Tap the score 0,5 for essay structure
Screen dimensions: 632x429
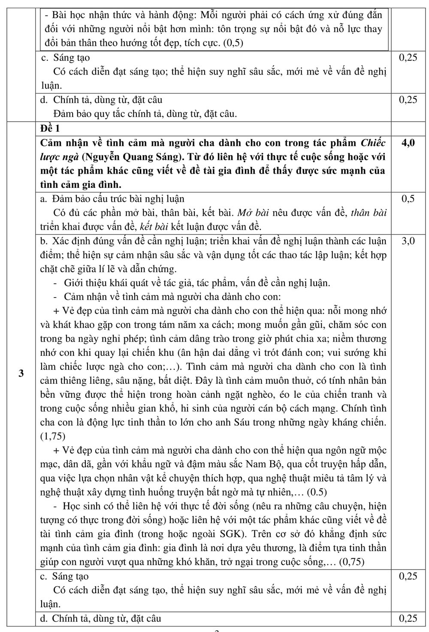(408, 199)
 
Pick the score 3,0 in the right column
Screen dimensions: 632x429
(408, 241)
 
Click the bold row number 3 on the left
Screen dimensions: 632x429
(21, 373)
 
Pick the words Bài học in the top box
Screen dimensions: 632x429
(67, 15)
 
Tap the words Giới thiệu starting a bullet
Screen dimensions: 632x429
(84, 283)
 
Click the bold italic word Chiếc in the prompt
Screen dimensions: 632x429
(373, 143)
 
